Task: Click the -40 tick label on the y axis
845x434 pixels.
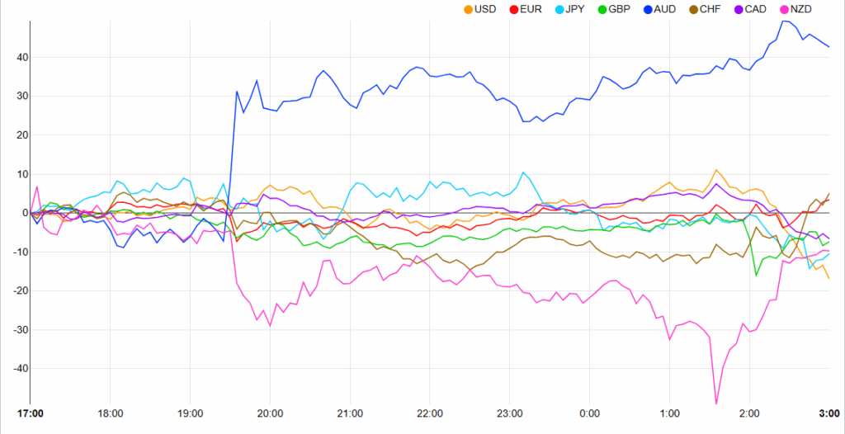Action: coord(13,369)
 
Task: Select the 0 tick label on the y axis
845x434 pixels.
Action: coord(18,213)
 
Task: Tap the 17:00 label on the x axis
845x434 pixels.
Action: coord(31,413)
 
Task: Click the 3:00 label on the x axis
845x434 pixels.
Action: coord(828,413)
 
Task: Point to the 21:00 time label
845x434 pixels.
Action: coord(350,413)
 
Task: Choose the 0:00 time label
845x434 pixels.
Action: coord(589,413)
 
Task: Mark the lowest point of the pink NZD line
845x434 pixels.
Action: coord(716,403)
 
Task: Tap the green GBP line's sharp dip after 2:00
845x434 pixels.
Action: coord(757,276)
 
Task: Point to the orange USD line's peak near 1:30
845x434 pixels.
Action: coord(716,170)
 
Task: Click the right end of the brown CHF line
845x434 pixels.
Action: coord(829,193)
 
